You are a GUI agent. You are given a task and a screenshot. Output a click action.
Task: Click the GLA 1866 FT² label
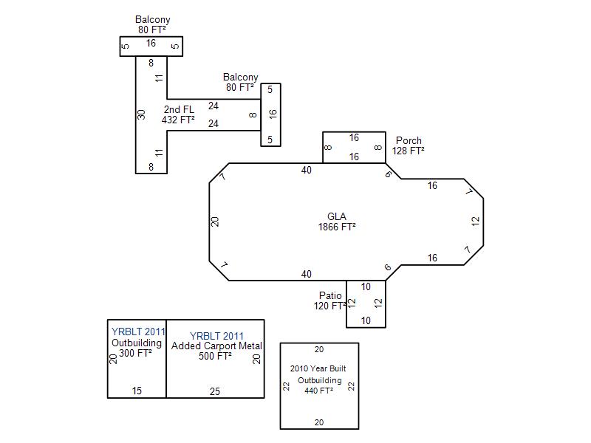click(337, 221)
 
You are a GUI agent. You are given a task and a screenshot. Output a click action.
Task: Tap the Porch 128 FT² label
click(409, 145)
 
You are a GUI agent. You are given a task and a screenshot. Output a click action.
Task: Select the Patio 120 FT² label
click(329, 301)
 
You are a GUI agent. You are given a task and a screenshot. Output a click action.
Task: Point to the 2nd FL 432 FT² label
click(178, 114)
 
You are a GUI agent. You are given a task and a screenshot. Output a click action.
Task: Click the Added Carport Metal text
click(216, 346)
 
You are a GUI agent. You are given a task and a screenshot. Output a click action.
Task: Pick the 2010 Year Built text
click(318, 368)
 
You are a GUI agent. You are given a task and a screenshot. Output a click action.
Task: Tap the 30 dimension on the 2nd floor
click(141, 114)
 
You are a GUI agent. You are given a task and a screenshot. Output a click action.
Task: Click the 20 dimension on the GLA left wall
click(214, 221)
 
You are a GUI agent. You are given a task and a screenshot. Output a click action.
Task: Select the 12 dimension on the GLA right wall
click(476, 221)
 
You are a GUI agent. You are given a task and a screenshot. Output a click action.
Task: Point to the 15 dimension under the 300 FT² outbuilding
click(137, 391)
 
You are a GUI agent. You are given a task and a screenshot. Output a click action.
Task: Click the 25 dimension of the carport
click(215, 391)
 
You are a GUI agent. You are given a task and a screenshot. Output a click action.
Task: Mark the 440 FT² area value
click(319, 391)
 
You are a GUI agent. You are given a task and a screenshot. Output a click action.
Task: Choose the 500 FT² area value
click(215, 356)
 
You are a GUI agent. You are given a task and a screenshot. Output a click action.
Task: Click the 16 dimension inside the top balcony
click(151, 44)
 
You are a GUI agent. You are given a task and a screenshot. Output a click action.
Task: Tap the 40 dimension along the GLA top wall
click(307, 171)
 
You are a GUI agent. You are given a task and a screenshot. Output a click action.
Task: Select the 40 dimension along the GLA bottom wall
click(307, 274)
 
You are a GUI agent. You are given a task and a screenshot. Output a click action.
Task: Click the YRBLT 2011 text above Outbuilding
click(138, 332)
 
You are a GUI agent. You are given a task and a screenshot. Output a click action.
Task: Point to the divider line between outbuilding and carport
click(166, 359)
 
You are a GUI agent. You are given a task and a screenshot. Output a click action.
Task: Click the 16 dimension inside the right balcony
click(273, 114)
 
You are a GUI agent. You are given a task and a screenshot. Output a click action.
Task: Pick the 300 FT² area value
click(136, 353)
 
